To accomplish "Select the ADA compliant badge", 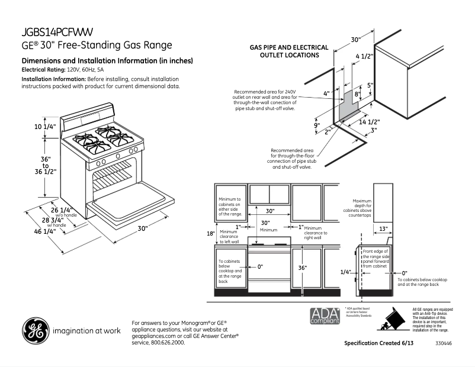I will [x=325, y=316].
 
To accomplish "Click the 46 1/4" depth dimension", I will [x=45, y=231].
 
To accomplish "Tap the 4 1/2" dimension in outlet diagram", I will [x=364, y=56].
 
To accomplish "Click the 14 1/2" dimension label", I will [x=369, y=122].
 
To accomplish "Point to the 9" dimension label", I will [x=317, y=125].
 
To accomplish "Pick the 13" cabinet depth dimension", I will [x=383, y=228].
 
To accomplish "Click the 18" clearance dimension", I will [x=210, y=234].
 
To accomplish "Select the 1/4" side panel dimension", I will [x=346, y=272].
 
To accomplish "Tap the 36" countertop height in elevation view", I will [x=303, y=268].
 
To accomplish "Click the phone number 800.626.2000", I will [x=172, y=342].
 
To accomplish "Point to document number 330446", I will [x=443, y=343].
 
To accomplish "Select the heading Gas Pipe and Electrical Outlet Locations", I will [x=284, y=51].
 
